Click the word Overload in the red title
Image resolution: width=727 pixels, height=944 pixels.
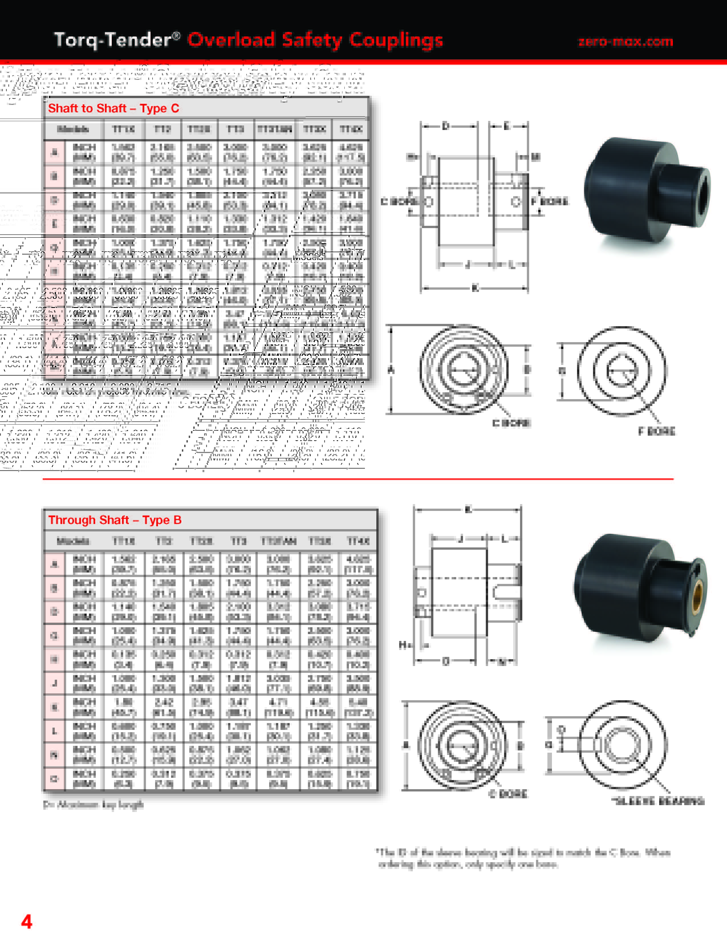pos(231,40)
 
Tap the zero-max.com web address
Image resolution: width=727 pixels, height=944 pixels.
pos(626,42)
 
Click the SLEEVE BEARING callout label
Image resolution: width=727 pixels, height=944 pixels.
pos(658,801)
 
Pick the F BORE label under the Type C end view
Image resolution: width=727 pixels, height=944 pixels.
pos(657,431)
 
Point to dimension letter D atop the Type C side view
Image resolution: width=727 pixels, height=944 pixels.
pos(446,126)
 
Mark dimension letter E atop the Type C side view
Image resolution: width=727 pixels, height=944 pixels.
pos(507,126)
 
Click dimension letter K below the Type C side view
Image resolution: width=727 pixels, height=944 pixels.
pos(475,288)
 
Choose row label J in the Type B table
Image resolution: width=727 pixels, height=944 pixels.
pos(54,683)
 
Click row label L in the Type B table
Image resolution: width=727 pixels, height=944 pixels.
pos(54,731)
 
